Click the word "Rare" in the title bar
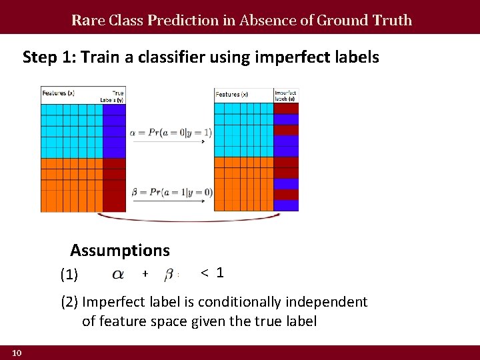(85, 20)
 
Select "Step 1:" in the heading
(50, 57)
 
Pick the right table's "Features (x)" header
(231, 94)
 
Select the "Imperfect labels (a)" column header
(286, 95)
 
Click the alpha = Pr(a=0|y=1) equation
(171, 133)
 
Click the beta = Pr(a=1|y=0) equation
(171, 192)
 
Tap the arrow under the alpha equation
(171, 143)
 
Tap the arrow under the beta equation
(171, 202)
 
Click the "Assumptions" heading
(120, 251)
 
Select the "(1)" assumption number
(69, 275)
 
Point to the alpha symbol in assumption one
(117, 274)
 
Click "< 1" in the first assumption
(212, 273)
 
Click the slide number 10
(17, 353)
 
